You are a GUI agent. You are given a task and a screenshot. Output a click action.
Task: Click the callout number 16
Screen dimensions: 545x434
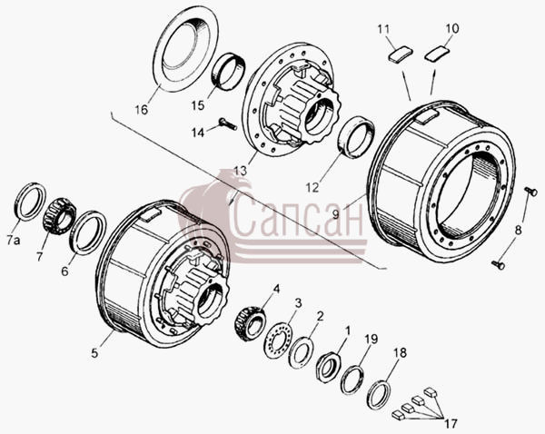(142, 110)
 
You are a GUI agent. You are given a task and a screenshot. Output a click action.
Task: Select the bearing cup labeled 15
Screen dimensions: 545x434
(228, 71)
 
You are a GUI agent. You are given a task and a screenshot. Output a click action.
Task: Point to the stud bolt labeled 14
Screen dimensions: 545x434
(228, 123)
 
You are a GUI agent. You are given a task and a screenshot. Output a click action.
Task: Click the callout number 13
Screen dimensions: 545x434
(240, 171)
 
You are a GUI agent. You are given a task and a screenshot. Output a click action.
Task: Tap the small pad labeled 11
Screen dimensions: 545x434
(400, 54)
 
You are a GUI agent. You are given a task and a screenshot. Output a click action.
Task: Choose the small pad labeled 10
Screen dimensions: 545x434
(437, 54)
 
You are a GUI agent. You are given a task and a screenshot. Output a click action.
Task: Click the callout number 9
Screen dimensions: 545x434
(335, 214)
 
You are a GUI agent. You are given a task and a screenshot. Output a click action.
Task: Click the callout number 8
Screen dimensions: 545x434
(518, 230)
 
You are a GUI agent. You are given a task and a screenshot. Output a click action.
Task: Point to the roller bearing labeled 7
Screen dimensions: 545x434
(59, 216)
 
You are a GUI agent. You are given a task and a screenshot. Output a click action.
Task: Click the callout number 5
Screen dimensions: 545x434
(94, 352)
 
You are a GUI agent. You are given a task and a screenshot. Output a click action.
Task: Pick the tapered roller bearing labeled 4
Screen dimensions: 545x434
(250, 324)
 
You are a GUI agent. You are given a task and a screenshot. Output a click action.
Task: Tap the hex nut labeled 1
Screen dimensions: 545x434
(329, 367)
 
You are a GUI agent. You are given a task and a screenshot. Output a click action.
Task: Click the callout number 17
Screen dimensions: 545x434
(451, 424)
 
